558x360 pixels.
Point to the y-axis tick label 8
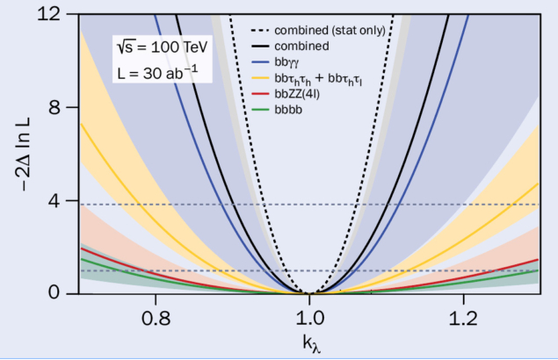click(x=63, y=108)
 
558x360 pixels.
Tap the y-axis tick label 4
click(x=63, y=201)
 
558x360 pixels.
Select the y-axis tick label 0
click(x=63, y=293)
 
